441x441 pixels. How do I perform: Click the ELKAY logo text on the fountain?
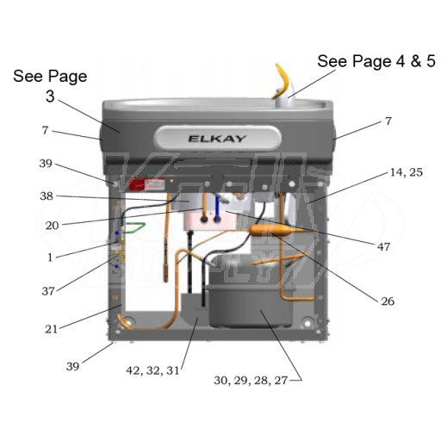(x=217, y=139)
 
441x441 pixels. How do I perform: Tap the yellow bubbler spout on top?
(x=283, y=78)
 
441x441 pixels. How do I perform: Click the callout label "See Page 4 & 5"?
(x=376, y=61)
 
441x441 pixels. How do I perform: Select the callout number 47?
(x=383, y=246)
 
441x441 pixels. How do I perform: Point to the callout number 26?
(x=388, y=301)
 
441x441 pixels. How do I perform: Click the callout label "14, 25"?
(x=407, y=172)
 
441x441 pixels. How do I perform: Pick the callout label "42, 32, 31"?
(x=152, y=370)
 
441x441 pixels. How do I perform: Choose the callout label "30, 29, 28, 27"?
(x=251, y=380)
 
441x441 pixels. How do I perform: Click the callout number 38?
(x=47, y=196)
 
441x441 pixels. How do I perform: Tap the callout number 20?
(x=52, y=226)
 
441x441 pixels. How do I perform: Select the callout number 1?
(x=50, y=258)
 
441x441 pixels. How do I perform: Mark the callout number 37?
(x=48, y=291)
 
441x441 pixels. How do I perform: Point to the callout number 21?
(x=52, y=329)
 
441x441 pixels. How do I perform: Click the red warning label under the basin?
(x=147, y=185)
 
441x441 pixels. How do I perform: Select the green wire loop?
(x=134, y=227)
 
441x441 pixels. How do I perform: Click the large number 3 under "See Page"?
(x=50, y=96)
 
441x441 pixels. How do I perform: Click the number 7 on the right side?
(x=388, y=121)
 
